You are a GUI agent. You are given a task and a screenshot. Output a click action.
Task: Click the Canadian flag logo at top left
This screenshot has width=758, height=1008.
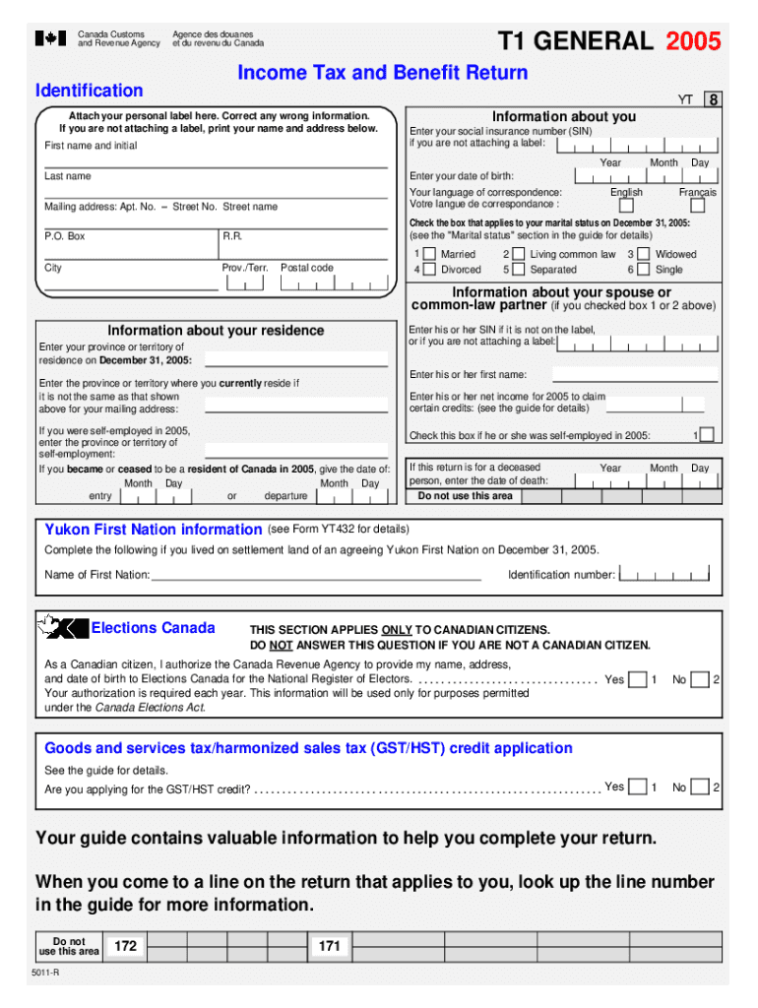click(50, 38)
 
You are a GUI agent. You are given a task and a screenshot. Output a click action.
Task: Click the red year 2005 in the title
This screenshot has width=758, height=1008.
click(693, 41)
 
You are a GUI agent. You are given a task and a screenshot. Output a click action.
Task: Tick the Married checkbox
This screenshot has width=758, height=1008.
click(429, 254)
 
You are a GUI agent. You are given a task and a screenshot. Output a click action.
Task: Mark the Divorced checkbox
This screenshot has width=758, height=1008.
click(429, 270)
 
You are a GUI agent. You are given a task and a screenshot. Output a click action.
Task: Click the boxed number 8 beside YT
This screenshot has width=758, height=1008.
click(713, 99)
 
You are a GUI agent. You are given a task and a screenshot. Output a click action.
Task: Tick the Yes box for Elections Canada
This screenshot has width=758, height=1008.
click(638, 679)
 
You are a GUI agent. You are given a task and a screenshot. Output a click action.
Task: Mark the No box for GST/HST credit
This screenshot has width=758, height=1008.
click(700, 787)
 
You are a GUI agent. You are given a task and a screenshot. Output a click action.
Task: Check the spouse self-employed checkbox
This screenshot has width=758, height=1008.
click(707, 435)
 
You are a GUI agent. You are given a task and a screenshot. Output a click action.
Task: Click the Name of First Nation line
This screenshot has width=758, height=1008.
click(315, 576)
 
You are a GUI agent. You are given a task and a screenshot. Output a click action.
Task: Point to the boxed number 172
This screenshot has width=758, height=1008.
click(125, 946)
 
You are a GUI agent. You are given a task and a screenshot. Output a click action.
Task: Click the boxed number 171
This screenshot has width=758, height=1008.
click(329, 946)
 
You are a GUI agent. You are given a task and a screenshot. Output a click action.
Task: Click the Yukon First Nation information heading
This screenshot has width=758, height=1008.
click(153, 530)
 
